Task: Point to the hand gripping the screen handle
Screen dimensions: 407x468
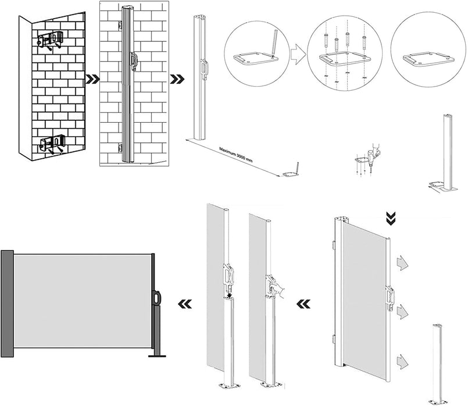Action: [x=281, y=291]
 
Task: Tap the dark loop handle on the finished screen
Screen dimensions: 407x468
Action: [x=159, y=297]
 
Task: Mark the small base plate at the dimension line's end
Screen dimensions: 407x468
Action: [x=289, y=173]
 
